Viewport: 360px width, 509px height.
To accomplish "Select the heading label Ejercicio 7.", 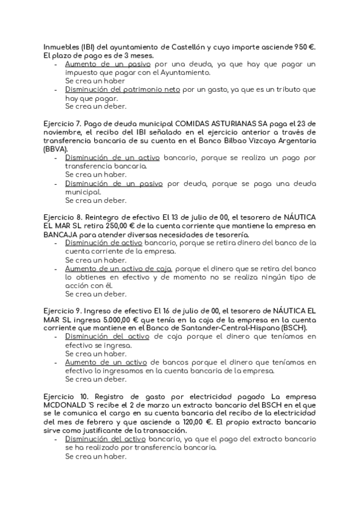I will [x=62, y=123].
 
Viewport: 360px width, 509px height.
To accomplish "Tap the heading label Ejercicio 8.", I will [x=62, y=216].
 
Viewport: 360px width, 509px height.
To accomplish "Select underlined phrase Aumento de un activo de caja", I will [x=118, y=269].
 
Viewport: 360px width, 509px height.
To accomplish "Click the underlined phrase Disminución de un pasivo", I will [x=114, y=183].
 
